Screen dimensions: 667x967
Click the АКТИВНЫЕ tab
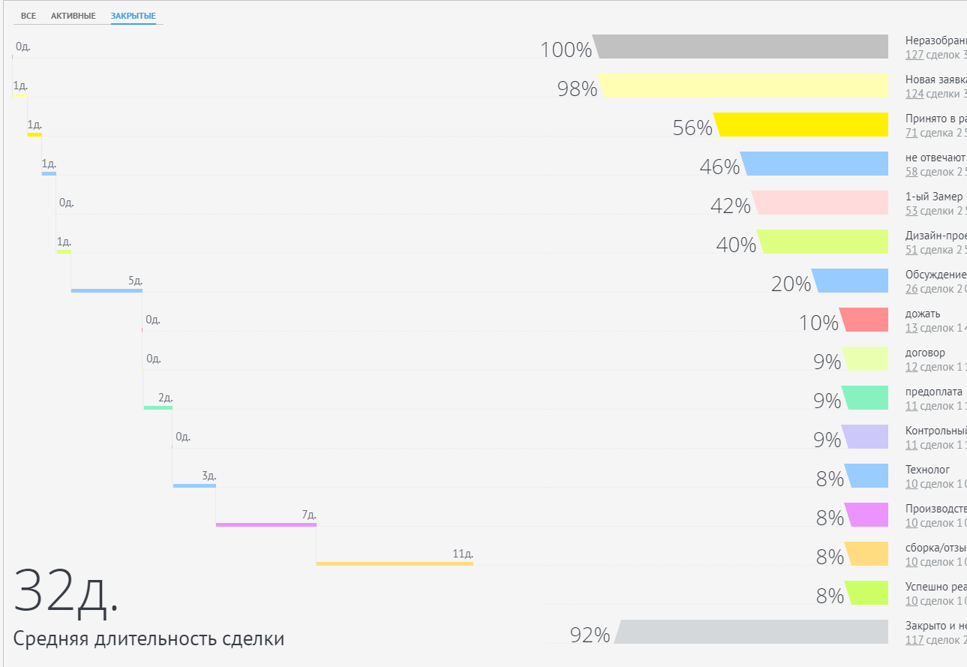(x=74, y=16)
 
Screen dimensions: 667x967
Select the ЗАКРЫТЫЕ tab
(x=133, y=16)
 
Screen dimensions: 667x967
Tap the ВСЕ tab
(x=29, y=16)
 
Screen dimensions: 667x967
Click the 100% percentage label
(x=566, y=50)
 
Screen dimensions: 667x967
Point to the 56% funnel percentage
(x=692, y=128)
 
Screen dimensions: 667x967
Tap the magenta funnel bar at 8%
(x=866, y=515)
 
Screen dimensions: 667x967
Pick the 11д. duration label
(x=462, y=554)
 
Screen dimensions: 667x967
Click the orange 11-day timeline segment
(x=395, y=563)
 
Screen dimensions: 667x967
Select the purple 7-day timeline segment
(x=266, y=524)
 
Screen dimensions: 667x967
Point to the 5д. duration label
(x=135, y=281)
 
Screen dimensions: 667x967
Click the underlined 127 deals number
(x=914, y=55)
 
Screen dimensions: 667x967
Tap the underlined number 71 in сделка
(x=911, y=133)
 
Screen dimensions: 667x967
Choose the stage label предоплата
(x=933, y=392)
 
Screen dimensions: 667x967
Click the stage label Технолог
(x=927, y=470)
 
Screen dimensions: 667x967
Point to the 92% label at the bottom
(x=590, y=635)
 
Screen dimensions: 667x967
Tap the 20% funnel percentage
(x=791, y=284)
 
